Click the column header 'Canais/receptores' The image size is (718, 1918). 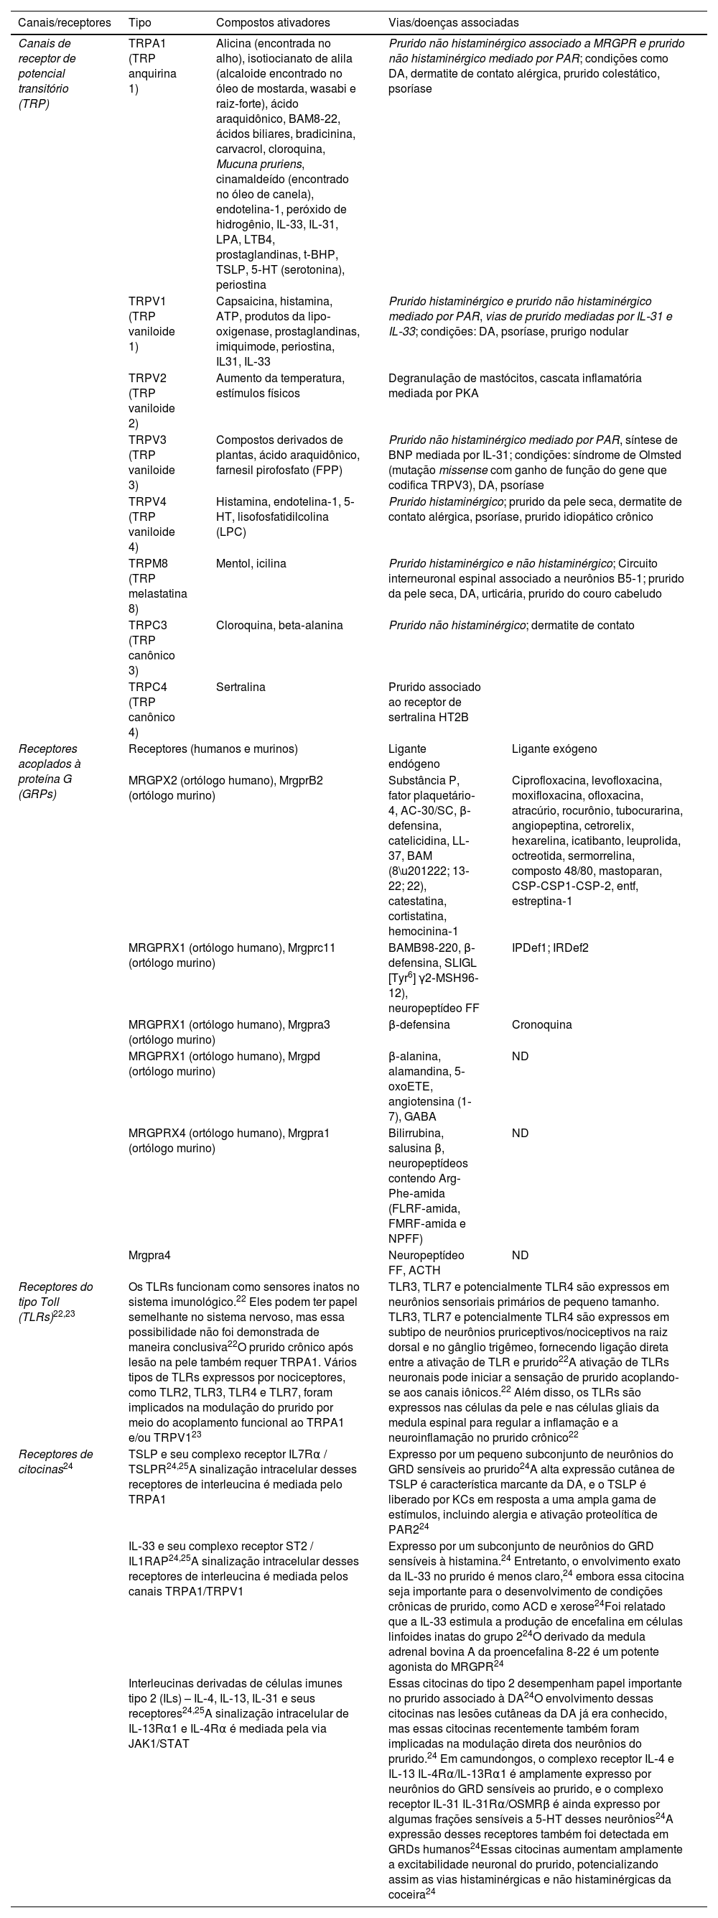point(64,23)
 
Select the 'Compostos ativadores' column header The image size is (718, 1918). point(272,23)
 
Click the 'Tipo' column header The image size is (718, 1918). point(140,23)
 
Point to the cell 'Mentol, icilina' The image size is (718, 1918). point(251,563)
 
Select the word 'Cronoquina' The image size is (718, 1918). point(541,1024)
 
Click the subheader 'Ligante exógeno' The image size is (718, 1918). point(554,749)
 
